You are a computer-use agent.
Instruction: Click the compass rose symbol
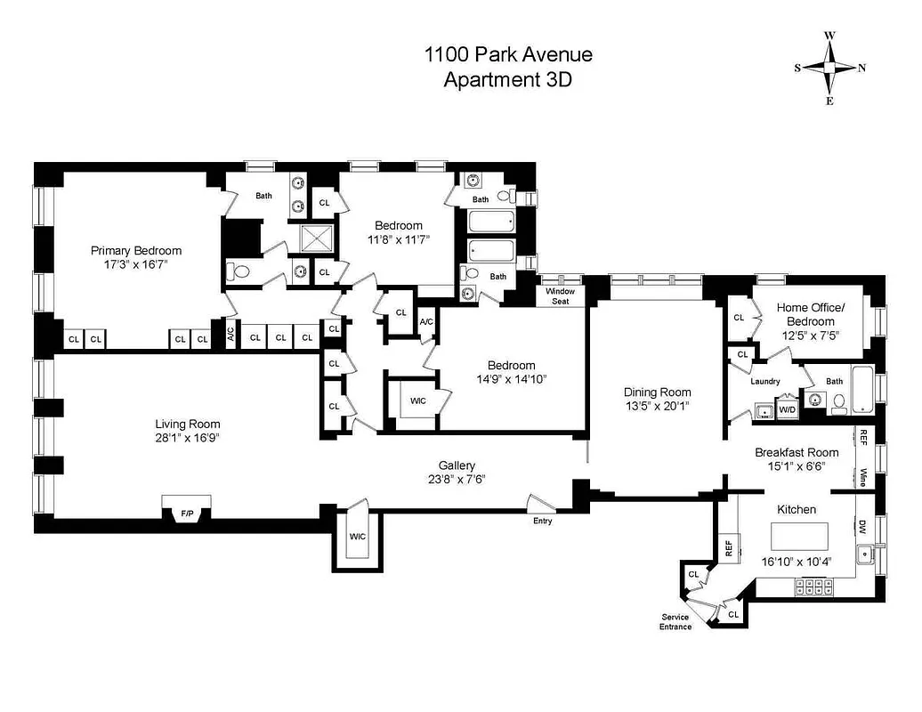coord(829,69)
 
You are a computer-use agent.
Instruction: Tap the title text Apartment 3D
coord(507,79)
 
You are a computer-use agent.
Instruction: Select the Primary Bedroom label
coord(136,251)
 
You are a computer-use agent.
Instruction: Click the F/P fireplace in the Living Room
coord(187,513)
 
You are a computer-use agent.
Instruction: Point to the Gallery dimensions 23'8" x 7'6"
coord(457,479)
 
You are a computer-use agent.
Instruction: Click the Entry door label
coord(542,521)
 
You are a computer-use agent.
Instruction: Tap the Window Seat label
coord(561,296)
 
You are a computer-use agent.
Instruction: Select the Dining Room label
coord(657,392)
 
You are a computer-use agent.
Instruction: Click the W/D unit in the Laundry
coord(787,410)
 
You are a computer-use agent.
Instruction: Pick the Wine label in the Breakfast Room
coord(863,477)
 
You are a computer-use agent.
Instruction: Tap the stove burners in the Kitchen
coord(815,587)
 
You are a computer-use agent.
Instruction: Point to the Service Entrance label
coord(675,621)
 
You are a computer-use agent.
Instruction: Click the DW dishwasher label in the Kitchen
coord(862,527)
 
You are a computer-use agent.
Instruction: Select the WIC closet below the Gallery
coord(358,538)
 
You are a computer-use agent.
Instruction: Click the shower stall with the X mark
coord(315,239)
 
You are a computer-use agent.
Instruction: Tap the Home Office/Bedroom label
coord(805,315)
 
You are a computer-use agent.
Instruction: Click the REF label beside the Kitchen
coord(728,549)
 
